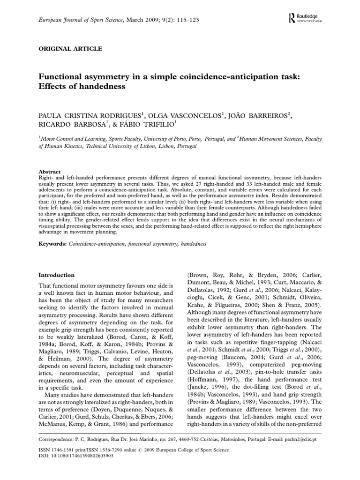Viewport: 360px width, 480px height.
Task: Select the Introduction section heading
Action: tap(56, 275)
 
